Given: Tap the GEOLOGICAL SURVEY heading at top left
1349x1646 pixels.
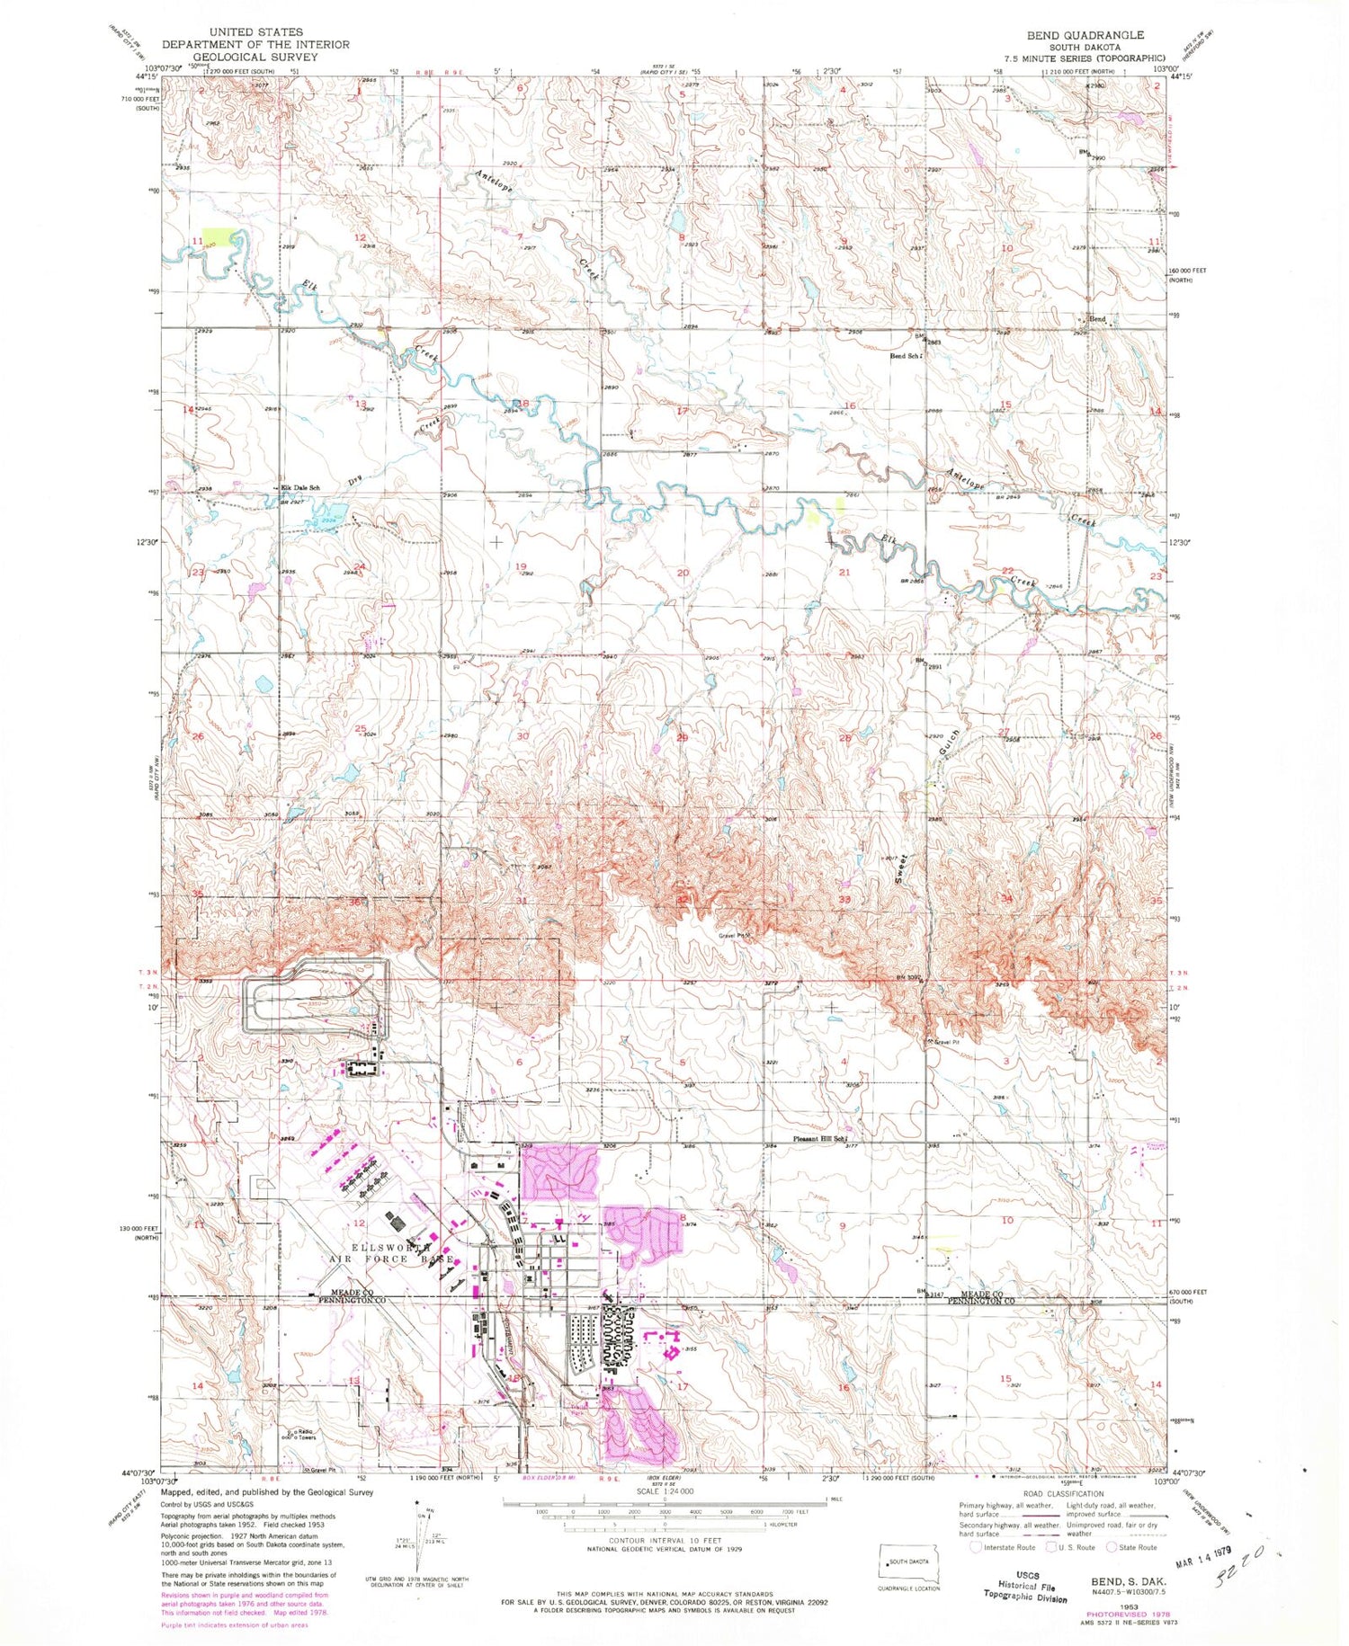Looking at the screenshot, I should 255,57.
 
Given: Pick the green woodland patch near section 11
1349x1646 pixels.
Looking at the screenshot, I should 216,239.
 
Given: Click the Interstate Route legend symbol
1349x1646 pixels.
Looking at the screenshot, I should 977,1547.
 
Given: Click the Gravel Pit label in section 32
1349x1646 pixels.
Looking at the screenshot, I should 734,935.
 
